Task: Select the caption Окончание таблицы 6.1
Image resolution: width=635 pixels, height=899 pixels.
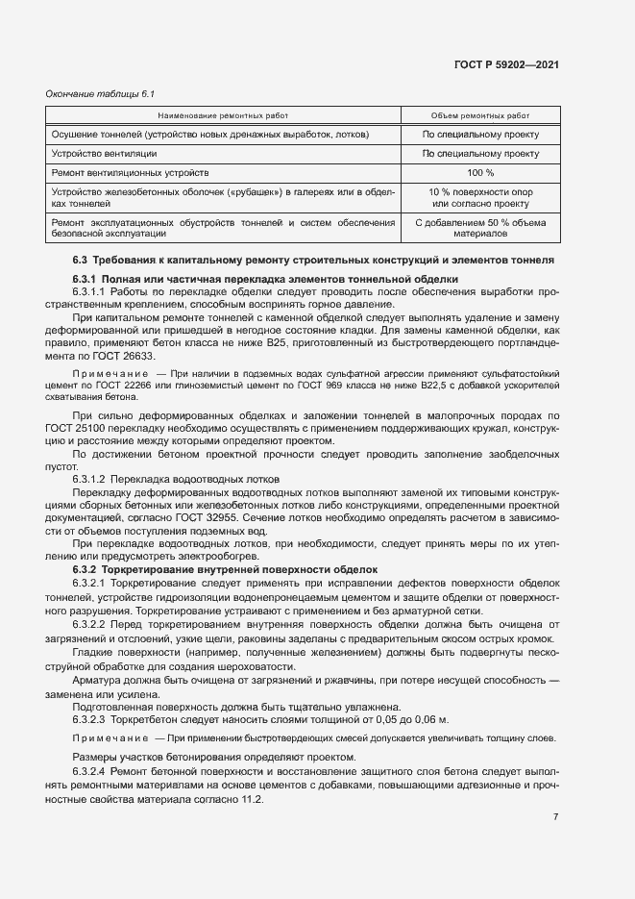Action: click(x=93, y=93)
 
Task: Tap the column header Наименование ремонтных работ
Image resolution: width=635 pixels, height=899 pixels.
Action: click(x=223, y=114)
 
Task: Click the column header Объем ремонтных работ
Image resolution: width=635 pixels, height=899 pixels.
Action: click(x=480, y=114)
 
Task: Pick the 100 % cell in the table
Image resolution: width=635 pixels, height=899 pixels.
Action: click(x=480, y=173)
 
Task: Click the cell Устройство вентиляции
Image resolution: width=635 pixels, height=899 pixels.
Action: click(x=104, y=154)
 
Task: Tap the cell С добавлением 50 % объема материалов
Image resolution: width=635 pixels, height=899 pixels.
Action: click(x=480, y=228)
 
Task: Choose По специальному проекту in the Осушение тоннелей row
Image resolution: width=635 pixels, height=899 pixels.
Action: click(x=480, y=135)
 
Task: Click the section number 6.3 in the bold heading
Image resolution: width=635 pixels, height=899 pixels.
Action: click(x=80, y=261)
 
